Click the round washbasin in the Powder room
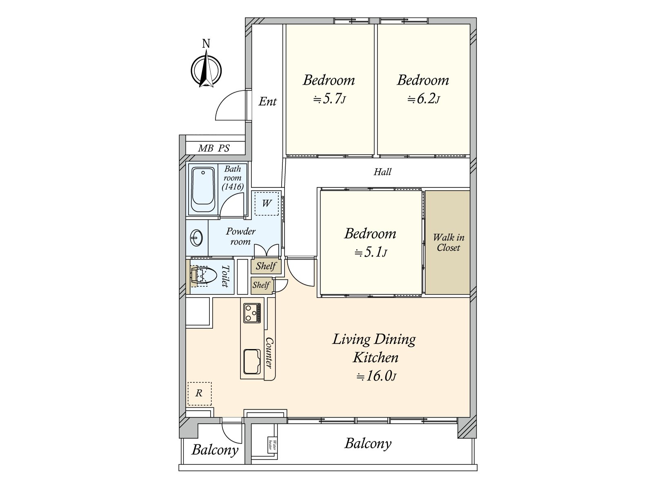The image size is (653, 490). point(197,238)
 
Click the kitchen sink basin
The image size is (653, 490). point(252,362)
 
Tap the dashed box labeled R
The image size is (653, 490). point(199,393)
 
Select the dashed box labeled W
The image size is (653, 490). point(267,203)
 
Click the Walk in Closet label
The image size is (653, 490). point(448,243)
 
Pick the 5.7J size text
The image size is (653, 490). point(330,99)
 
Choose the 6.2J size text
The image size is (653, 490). point(424,99)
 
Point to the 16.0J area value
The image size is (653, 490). point(376,376)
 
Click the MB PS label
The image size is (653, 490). point(214,148)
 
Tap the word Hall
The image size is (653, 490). point(382,172)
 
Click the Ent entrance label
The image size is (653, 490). point(268,101)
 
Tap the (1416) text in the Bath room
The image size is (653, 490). point(233,187)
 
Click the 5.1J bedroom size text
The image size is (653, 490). point(371,252)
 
